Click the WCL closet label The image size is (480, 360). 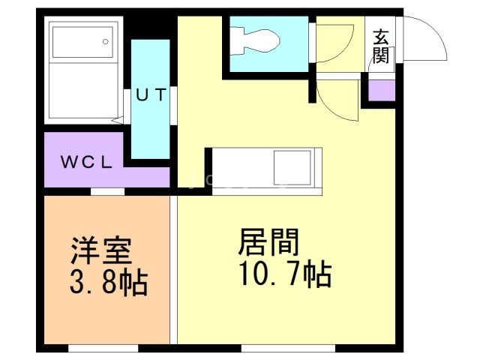[86, 162]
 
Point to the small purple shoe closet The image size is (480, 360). [381, 89]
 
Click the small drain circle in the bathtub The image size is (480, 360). [106, 41]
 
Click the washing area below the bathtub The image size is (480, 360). [80, 94]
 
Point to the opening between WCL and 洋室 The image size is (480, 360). [108, 192]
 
